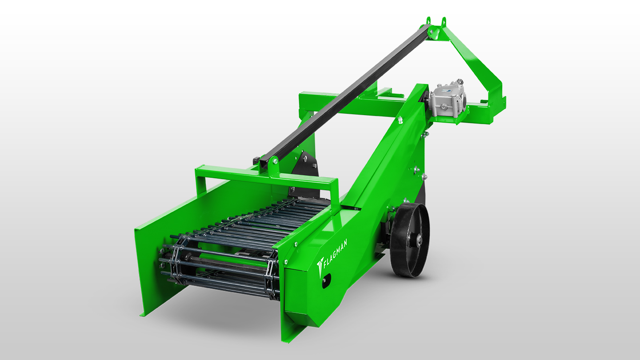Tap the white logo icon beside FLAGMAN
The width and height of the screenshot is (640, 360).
click(320, 266)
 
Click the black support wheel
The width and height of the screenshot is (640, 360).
click(410, 240)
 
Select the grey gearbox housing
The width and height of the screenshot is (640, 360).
click(447, 99)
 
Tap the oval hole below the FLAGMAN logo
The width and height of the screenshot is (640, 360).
click(326, 280)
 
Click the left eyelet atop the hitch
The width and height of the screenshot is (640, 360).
click(428, 21)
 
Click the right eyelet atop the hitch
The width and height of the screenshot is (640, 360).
click(444, 22)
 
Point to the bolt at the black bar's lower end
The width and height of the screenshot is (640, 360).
click(275, 161)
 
